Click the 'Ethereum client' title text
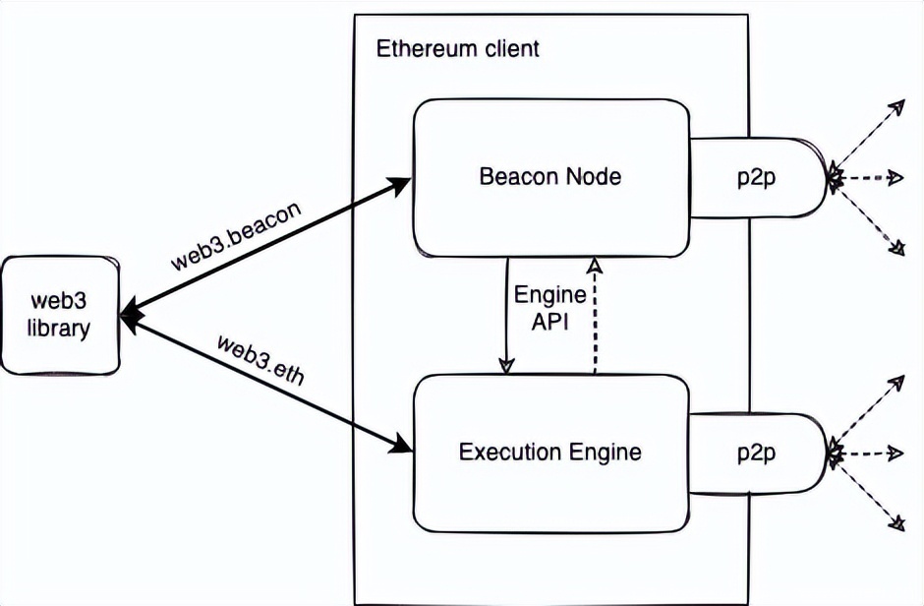pos(458,48)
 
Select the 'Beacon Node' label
pos(550,177)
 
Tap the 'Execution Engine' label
pos(550,453)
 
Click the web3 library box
pos(60,315)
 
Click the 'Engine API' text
pos(550,309)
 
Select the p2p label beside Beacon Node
pos(756,177)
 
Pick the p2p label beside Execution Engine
pos(756,453)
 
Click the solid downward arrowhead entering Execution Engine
pos(507,366)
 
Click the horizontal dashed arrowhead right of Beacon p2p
pos(895,178)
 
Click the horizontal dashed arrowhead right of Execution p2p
pos(895,454)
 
